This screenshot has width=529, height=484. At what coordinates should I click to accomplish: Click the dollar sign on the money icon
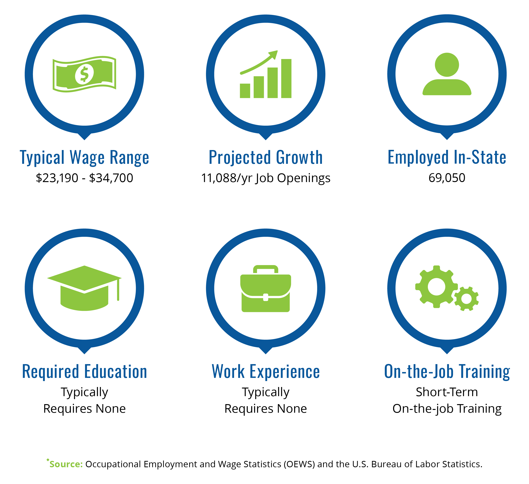click(84, 74)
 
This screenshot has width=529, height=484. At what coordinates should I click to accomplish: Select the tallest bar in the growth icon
click(286, 78)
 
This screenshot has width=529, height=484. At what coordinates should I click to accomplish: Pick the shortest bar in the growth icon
click(245, 91)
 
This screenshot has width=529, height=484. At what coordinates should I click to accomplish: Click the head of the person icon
click(447, 65)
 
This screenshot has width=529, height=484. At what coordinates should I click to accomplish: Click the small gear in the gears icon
click(466, 299)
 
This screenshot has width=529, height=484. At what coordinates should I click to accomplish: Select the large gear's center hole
click(437, 287)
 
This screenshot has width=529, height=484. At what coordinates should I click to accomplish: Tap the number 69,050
click(447, 178)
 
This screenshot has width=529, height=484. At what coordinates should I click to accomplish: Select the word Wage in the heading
click(87, 158)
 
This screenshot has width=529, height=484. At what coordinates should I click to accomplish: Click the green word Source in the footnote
click(66, 464)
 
